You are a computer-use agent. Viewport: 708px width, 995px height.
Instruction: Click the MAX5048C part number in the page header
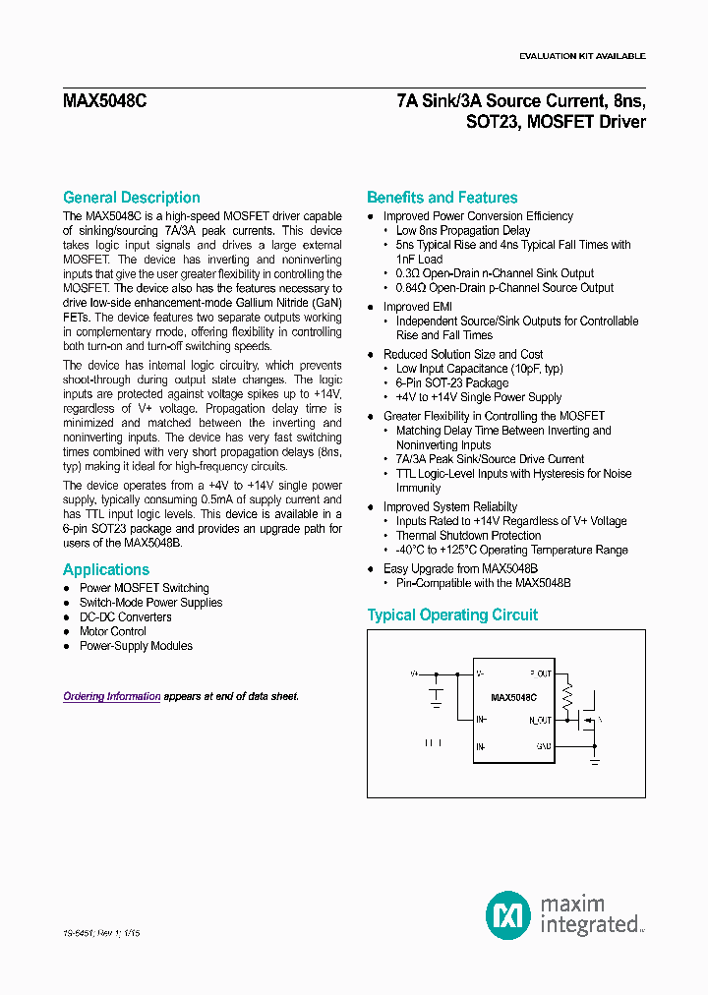(x=105, y=100)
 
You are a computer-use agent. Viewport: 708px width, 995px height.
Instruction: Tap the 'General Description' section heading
(x=131, y=198)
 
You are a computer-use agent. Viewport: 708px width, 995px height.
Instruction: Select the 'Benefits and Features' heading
(x=442, y=198)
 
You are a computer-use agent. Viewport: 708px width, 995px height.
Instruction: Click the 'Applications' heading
(x=106, y=570)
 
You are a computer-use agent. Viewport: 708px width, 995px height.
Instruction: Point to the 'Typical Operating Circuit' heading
(x=452, y=615)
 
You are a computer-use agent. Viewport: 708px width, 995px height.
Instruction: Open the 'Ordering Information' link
(x=112, y=697)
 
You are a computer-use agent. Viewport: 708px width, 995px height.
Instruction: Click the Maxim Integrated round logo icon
(x=508, y=915)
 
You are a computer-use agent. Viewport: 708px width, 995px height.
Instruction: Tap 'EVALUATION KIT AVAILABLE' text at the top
(x=582, y=56)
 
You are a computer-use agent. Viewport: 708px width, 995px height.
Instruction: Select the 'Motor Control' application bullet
(x=113, y=631)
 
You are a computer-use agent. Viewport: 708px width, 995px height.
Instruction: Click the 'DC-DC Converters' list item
(x=125, y=617)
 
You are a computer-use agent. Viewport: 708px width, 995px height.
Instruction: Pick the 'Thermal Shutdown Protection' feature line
(x=468, y=536)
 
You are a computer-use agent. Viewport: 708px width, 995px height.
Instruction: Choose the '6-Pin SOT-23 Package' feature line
(x=452, y=383)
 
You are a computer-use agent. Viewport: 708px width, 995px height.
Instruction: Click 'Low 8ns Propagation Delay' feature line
(x=463, y=231)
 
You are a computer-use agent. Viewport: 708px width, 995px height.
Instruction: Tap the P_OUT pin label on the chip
(x=540, y=674)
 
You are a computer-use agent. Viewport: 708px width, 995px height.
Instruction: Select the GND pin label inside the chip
(x=543, y=747)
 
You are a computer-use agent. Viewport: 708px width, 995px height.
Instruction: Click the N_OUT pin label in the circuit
(x=540, y=721)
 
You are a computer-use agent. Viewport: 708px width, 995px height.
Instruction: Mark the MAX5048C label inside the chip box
(x=513, y=697)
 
